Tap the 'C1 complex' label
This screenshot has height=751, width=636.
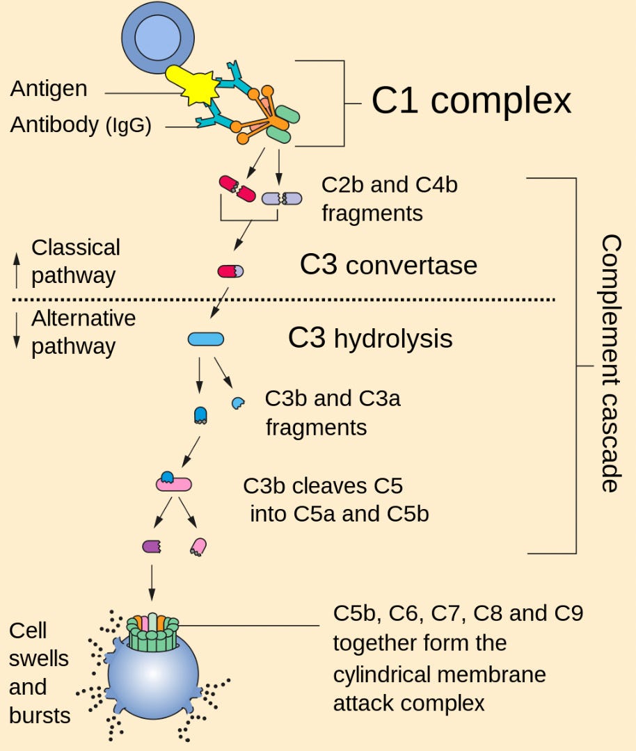[471, 101]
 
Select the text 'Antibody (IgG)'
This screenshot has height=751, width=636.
[81, 125]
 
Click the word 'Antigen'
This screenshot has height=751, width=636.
[49, 88]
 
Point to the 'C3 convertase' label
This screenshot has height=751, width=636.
[389, 265]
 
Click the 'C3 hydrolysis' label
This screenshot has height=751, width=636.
[370, 338]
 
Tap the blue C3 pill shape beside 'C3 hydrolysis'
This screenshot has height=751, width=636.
[205, 339]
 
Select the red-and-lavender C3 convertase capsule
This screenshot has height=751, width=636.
[230, 271]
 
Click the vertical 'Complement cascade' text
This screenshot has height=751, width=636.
[611, 363]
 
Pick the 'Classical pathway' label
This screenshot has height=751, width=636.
[76, 261]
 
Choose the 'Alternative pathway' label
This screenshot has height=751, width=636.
[84, 332]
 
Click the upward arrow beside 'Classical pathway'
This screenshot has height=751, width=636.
[17, 270]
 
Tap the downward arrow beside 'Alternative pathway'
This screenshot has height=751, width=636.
[17, 330]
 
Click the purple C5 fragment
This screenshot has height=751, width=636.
[152, 546]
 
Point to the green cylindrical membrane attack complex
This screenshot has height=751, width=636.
[152, 633]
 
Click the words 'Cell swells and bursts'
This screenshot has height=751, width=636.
[39, 673]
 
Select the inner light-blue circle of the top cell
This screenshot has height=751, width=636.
[158, 38]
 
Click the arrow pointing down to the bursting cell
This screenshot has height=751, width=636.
[152, 583]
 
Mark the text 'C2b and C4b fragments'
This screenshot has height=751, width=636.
[389, 199]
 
